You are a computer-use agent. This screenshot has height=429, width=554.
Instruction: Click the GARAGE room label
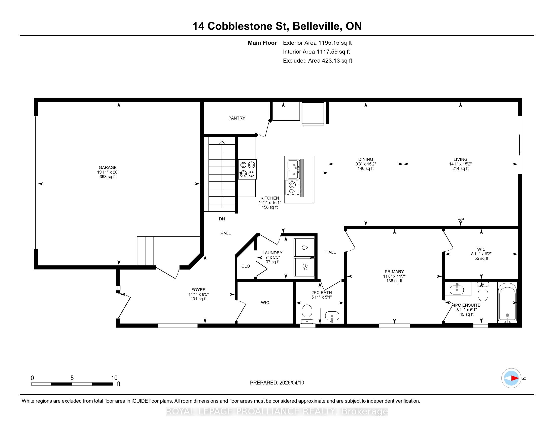click(x=108, y=168)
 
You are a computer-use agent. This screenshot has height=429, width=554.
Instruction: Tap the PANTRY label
click(x=237, y=118)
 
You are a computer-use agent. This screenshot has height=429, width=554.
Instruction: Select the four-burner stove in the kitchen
click(x=247, y=169)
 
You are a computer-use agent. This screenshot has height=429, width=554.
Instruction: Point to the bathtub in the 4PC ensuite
click(x=507, y=302)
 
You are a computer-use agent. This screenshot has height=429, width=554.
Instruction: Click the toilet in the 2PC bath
click(x=307, y=314)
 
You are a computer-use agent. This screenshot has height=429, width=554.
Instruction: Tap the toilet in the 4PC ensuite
click(x=483, y=292)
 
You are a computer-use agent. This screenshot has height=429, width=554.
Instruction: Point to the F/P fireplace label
click(x=461, y=219)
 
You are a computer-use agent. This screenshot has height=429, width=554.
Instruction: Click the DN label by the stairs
click(x=222, y=219)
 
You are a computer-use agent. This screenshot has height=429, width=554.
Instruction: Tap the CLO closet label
click(x=246, y=266)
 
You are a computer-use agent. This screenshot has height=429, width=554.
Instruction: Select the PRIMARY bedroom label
click(x=394, y=272)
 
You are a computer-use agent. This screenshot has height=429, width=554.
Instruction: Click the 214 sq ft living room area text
click(x=460, y=169)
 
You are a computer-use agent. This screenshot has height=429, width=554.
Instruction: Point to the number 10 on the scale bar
click(x=114, y=378)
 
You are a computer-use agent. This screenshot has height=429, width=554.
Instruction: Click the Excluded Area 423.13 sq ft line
click(x=318, y=61)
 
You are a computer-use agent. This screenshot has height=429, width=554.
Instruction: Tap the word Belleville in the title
click(x=317, y=26)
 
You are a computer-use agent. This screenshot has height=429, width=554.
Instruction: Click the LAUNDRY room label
click(x=272, y=253)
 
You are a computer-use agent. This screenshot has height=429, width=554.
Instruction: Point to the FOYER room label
click(x=198, y=290)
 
